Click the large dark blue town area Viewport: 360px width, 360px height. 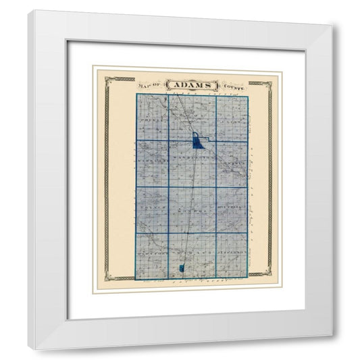click(197, 141)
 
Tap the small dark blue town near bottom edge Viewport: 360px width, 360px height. click(182, 270)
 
